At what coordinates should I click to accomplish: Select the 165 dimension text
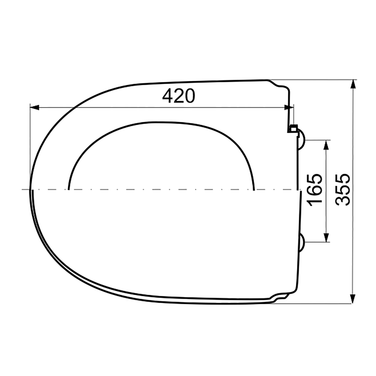(x=315, y=190)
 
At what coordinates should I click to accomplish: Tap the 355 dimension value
(x=343, y=190)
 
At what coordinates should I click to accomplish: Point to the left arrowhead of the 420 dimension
(x=35, y=108)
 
